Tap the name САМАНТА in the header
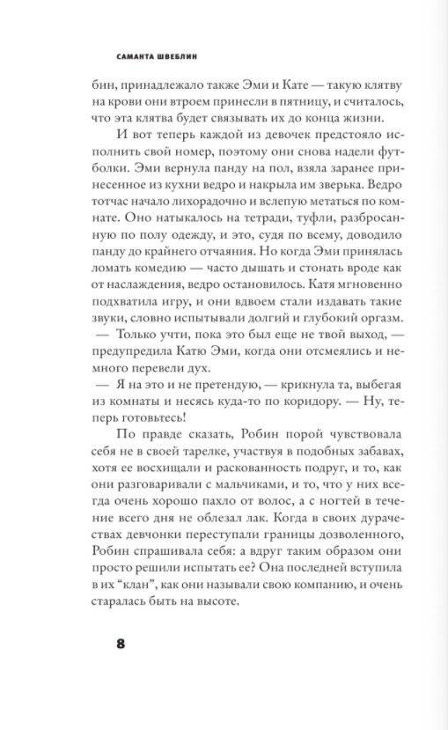(135, 55)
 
